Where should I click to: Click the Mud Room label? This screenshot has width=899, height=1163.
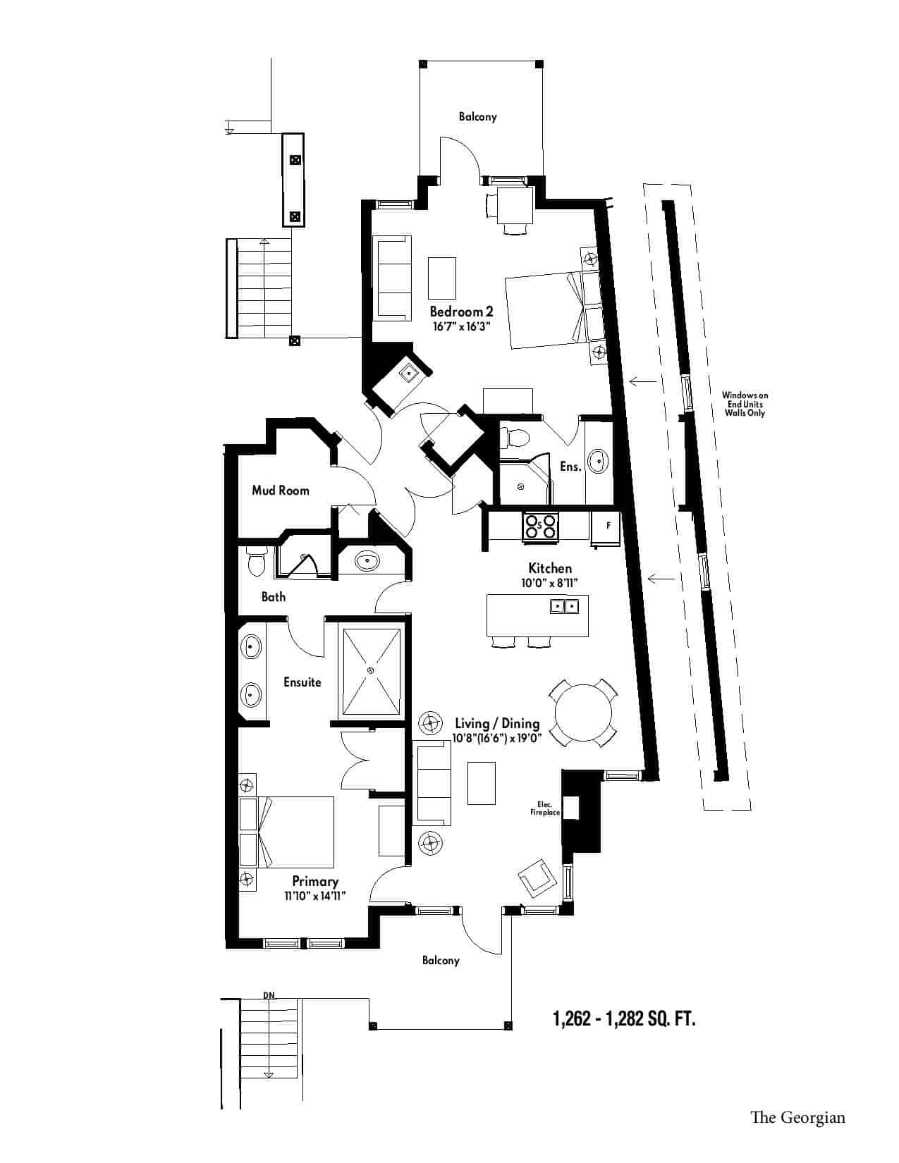point(280,491)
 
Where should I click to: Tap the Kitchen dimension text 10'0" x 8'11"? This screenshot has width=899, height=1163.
point(550,583)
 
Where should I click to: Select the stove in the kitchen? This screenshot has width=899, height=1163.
point(541,526)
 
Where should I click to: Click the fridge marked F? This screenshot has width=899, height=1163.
point(606,528)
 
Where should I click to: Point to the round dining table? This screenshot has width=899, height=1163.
point(582,713)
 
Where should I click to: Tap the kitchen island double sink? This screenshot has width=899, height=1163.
point(564,606)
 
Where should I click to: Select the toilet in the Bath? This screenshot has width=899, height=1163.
point(255,562)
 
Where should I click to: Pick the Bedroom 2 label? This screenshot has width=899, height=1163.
point(462,312)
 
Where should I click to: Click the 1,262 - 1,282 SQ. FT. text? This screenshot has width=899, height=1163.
point(625,1018)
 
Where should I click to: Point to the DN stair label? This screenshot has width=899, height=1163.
point(269,995)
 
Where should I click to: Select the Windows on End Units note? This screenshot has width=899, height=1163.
point(745,404)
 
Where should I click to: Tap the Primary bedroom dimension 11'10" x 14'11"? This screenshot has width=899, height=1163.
point(315,896)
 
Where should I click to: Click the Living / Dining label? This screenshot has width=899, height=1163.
point(497,724)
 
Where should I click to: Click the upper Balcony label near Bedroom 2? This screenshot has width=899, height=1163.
point(477,117)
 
